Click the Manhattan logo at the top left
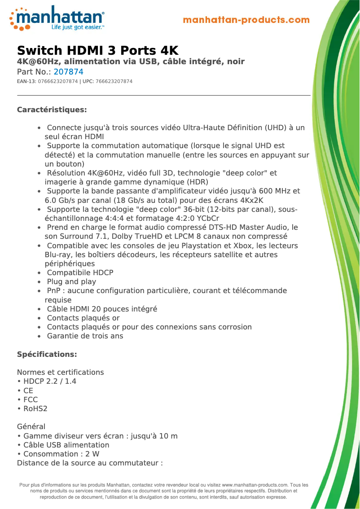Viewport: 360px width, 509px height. coord(57,18)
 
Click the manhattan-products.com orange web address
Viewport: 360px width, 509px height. coord(246,20)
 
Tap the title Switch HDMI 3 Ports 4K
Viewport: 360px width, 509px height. coord(97,50)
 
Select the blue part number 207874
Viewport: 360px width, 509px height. coord(68,72)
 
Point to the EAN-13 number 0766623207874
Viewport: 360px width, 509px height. coord(58,81)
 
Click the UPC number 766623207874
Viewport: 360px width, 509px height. coord(114,81)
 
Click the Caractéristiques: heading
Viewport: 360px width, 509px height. coord(52,110)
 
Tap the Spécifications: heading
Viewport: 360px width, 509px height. coord(47,355)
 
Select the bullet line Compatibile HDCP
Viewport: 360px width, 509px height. coord(80,273)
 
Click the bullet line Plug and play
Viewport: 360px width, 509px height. coord(71,282)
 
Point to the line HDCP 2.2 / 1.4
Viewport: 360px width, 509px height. coord(49,382)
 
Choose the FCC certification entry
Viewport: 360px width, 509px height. coord(31,399)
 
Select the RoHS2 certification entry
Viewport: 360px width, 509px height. coord(35,409)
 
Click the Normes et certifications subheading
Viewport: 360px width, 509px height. coord(60,373)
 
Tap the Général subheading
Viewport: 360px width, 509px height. coord(31,427)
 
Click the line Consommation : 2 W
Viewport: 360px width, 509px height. coord(61,454)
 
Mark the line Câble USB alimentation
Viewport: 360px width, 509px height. coord(66,445)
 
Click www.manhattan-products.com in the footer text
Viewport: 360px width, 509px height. coord(255,485)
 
